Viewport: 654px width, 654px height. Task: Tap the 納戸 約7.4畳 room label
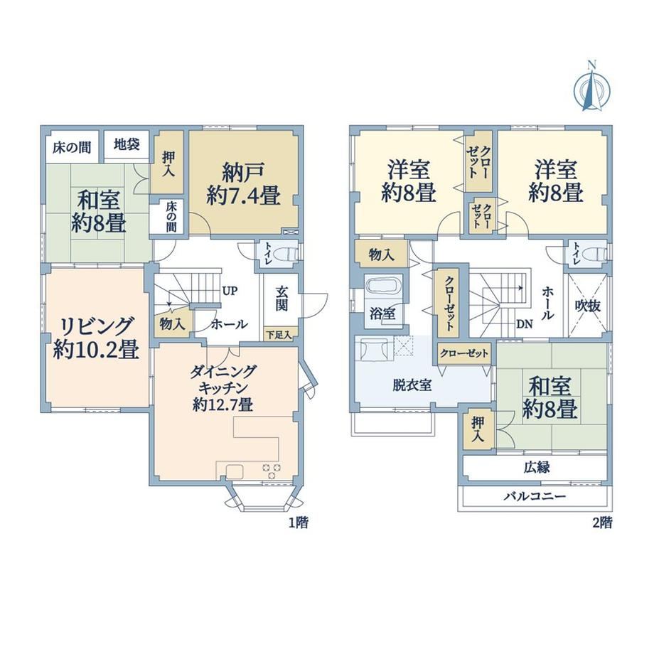[243, 184]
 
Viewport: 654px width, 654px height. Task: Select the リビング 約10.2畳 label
[97, 338]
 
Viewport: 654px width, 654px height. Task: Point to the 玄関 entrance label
[282, 299]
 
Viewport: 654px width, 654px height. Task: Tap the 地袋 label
[127, 145]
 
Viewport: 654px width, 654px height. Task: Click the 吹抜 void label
[588, 306]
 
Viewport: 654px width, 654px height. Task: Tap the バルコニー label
[535, 496]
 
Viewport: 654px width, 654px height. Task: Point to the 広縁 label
[537, 468]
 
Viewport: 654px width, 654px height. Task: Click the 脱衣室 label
[412, 385]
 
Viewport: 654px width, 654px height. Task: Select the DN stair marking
[525, 323]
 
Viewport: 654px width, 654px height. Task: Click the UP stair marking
[230, 291]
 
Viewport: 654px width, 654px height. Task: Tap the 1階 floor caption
[299, 522]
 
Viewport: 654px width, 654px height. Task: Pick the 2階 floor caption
[603, 522]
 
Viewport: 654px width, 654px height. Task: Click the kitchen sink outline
[235, 471]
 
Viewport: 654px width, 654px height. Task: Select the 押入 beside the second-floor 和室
[478, 430]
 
